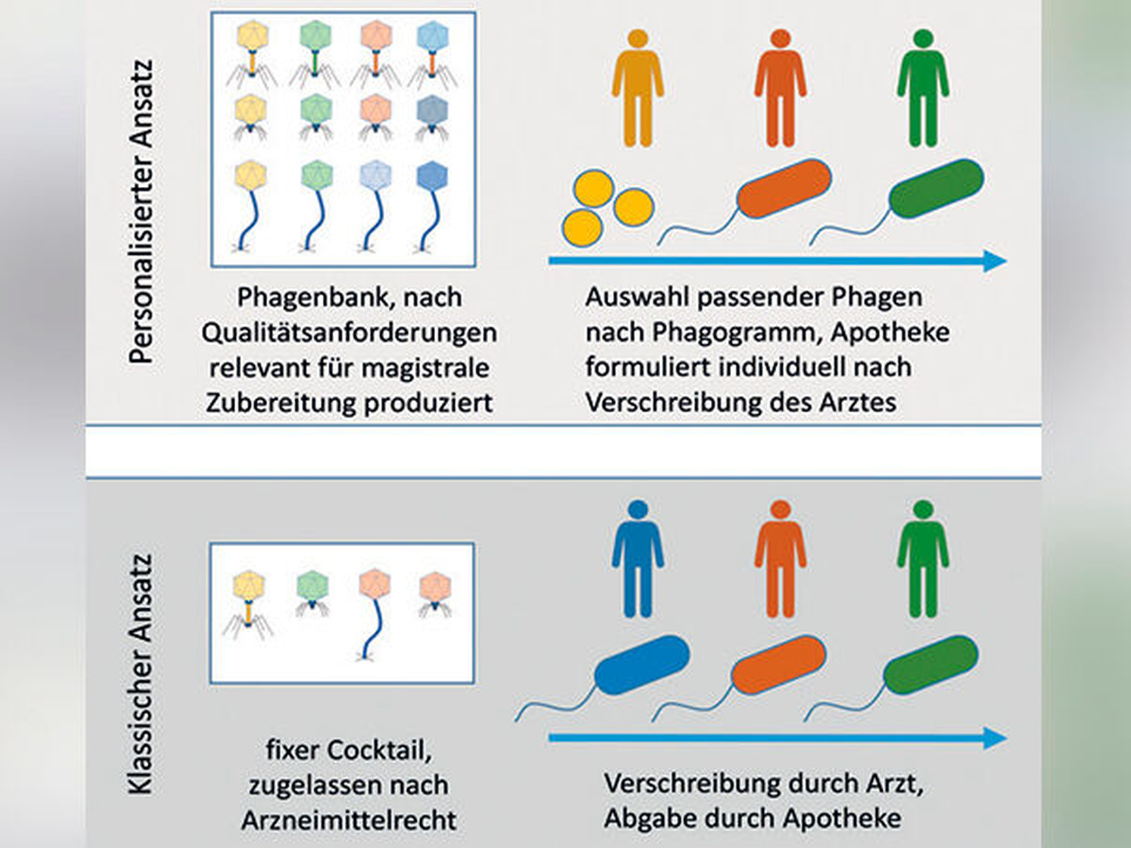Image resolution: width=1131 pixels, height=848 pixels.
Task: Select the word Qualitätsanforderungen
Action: [349, 333]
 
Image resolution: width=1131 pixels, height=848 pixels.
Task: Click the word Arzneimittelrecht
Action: [349, 821]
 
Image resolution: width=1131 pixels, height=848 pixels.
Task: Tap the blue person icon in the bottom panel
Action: [638, 559]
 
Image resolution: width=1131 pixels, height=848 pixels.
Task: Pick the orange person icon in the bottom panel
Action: [780, 559]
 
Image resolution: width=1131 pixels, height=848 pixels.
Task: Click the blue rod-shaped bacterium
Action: [642, 665]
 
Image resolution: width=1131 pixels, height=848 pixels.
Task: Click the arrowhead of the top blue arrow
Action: [995, 261]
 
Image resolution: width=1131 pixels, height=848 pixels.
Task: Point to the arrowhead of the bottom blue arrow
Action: [995, 739]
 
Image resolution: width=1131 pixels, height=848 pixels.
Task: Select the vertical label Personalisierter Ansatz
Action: [142, 211]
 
